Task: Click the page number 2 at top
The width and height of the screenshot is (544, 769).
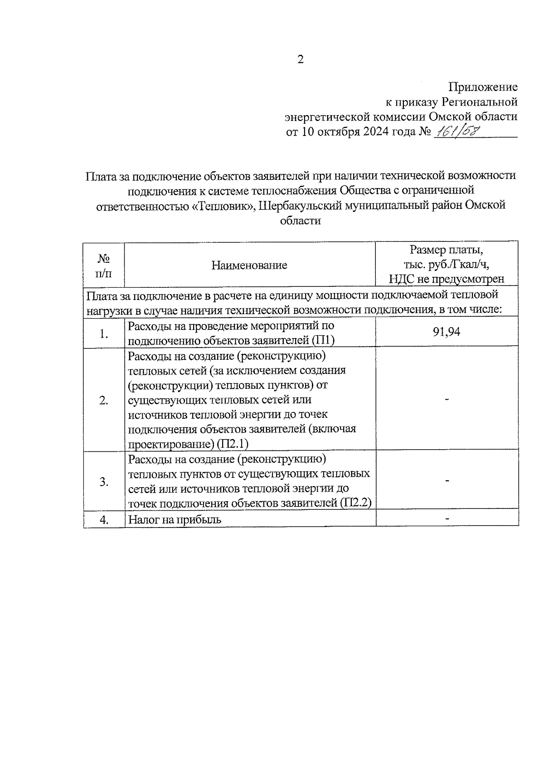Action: (x=300, y=59)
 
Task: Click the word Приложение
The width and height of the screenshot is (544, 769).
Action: (x=483, y=87)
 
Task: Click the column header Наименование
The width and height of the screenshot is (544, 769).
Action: (x=249, y=265)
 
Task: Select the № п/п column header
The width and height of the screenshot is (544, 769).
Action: (x=104, y=266)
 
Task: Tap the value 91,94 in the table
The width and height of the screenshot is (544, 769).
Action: (x=447, y=332)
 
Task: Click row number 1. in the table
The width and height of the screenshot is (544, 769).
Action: (x=104, y=334)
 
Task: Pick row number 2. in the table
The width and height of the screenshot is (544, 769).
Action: (x=104, y=401)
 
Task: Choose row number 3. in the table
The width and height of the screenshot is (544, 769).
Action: (x=104, y=481)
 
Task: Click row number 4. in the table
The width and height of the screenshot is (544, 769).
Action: (x=104, y=520)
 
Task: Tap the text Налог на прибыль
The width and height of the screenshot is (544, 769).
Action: (x=175, y=520)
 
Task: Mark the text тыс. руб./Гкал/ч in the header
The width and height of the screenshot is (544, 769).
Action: (x=447, y=265)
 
